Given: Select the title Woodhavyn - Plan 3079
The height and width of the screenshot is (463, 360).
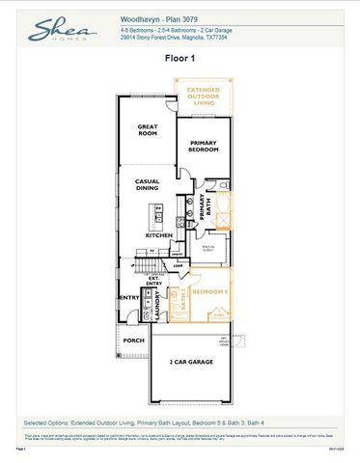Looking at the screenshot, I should tap(158, 18).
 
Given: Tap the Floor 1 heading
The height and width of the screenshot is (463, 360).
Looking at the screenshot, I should tap(180, 59).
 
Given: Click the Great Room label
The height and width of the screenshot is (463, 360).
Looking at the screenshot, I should tap(148, 130).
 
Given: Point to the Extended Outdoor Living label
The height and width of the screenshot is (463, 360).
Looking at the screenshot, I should tap(204, 100).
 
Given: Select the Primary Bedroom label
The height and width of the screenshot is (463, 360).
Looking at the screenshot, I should tap(204, 148).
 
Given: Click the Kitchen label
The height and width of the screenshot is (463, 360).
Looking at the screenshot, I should tap(158, 234).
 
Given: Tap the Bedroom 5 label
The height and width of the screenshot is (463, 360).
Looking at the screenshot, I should tap(211, 292).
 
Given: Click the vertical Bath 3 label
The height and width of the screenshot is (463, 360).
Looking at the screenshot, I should tap(184, 302).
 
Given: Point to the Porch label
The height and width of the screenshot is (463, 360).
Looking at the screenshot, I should tap(133, 340).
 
